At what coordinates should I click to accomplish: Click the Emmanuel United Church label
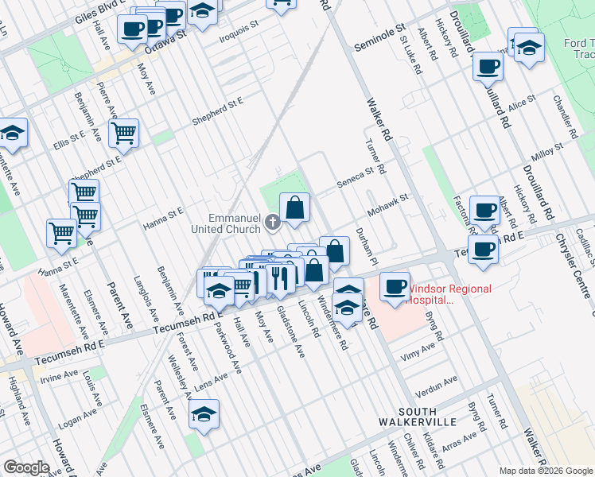[x=235, y=223]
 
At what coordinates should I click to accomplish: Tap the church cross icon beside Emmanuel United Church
[x=273, y=222]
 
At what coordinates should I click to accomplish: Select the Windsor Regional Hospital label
[x=449, y=295]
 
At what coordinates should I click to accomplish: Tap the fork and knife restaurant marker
[x=278, y=277]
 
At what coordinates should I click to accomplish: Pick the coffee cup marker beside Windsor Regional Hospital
[x=394, y=286]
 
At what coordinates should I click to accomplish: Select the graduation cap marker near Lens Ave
[x=204, y=414]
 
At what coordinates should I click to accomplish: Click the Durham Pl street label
[x=365, y=246]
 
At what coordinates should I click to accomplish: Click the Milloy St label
[x=548, y=152]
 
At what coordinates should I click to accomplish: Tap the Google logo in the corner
[x=26, y=467]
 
